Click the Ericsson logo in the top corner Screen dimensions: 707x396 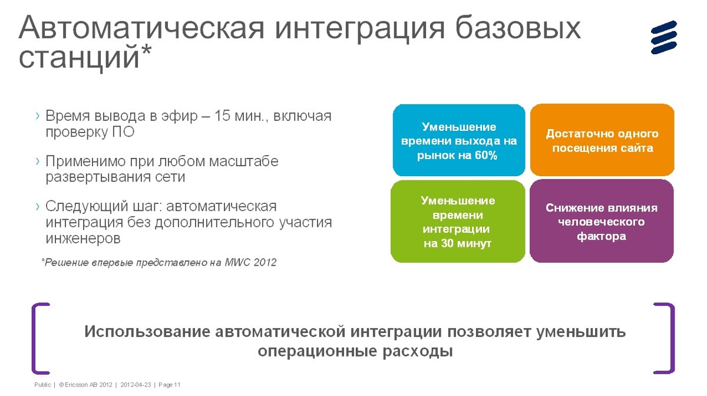coord(664,37)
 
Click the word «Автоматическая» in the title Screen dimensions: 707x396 coord(141,28)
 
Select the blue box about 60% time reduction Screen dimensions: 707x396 coord(459,140)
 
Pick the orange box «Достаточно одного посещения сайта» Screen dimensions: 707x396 coord(602,140)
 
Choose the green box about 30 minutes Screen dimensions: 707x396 coord(458,222)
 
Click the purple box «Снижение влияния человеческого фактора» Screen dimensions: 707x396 coord(602,221)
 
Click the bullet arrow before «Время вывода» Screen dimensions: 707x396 coord(38,116)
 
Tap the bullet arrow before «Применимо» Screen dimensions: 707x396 coord(38,161)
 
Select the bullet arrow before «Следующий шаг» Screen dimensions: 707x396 coord(38,206)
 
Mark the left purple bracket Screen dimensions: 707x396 coord(34,338)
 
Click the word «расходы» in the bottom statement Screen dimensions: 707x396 coord(418,351)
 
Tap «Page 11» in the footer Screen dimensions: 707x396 coord(170,385)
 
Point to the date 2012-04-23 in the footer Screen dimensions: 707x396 coord(136,385)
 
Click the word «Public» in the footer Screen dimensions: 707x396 coord(42,385)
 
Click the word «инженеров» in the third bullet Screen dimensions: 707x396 coord(83,239)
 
